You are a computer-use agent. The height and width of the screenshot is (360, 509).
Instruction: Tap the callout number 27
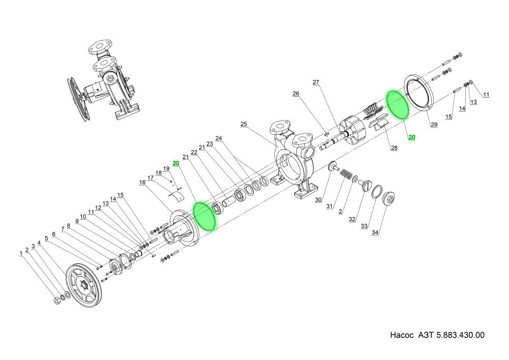pos(316,82)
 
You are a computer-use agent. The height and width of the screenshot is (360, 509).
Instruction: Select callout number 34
pos(375,233)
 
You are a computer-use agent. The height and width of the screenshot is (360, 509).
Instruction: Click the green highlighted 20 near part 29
pos(412,137)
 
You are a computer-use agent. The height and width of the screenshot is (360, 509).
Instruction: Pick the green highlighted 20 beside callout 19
pos(176,163)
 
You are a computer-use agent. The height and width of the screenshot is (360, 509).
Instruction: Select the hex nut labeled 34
pos(389,199)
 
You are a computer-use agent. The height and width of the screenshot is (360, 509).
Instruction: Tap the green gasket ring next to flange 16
pos(206,217)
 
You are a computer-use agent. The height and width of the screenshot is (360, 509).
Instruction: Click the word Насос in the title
pos(403,336)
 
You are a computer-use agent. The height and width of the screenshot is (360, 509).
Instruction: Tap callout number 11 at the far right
pos(486,94)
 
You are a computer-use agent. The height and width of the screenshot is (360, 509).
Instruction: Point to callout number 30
pos(318,200)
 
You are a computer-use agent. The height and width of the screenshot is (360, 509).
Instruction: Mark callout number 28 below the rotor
pos(394,148)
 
